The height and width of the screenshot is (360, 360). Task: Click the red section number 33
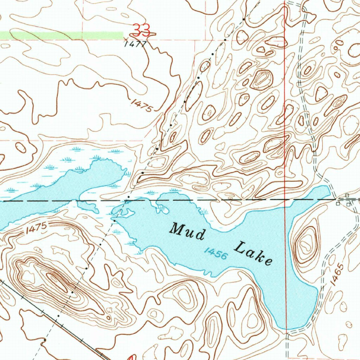(142, 30)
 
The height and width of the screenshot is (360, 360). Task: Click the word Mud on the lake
(187, 232)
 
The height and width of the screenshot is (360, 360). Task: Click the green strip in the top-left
(62, 36)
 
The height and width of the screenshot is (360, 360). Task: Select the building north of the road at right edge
(347, 195)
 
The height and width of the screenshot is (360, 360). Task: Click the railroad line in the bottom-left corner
(53, 316)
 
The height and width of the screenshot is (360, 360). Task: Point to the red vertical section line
(285, 105)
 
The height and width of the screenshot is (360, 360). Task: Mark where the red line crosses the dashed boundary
(285, 199)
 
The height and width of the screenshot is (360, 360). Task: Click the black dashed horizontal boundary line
(211, 200)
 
